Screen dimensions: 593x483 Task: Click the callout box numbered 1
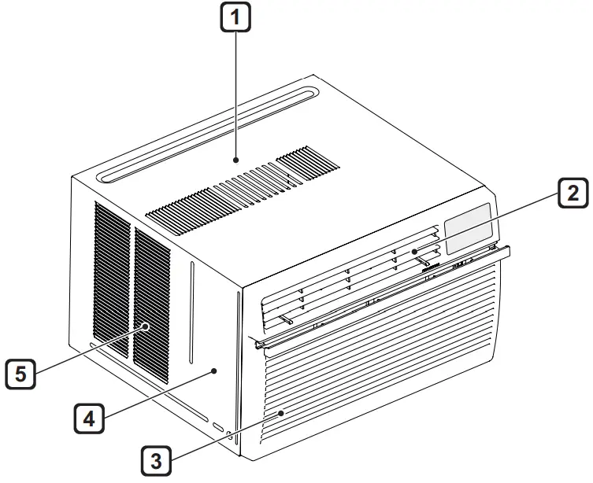(235, 17)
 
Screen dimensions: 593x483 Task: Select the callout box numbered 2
(573, 193)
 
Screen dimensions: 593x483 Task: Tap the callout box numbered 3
(156, 461)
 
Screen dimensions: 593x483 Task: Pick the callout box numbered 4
(89, 418)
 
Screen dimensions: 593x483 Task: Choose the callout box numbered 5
(20, 374)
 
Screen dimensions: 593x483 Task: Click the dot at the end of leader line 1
(236, 160)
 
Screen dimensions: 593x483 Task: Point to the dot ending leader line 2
(414, 252)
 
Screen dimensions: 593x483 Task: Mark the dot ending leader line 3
(281, 414)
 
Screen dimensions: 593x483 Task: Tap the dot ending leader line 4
(214, 371)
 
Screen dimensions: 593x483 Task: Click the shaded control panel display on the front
(469, 228)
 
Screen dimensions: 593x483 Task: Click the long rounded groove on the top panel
(207, 135)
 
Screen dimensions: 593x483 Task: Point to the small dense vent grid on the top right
(308, 163)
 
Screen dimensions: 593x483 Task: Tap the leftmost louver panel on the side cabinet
(112, 279)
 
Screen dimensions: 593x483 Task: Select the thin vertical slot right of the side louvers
(191, 312)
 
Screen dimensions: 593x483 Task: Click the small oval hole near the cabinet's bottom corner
(218, 427)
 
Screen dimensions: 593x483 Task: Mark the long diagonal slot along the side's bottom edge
(149, 382)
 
